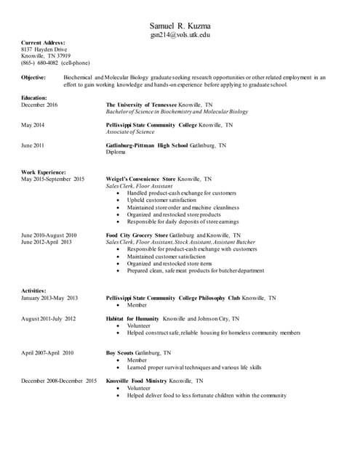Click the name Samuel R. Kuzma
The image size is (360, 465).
click(180, 25)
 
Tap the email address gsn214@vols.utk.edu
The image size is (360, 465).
click(180, 34)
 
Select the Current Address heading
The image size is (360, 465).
click(44, 44)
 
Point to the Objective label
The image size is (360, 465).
click(34, 76)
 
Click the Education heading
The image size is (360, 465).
click(35, 97)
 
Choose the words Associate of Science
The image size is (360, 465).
click(130, 132)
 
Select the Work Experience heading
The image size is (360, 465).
click(44, 172)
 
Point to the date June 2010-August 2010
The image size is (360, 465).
click(49, 235)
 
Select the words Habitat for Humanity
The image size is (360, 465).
click(132, 318)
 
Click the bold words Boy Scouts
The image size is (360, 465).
click(120, 352)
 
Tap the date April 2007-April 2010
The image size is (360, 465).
click(47, 352)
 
